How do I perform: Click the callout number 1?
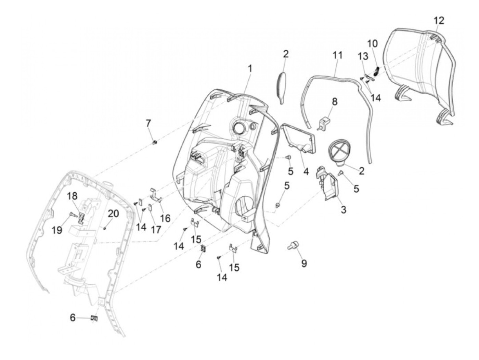coord(250,69)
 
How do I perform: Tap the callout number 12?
coord(439,21)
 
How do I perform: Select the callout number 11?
coord(337,55)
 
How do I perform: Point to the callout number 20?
coord(114,214)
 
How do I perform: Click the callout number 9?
coord(304,263)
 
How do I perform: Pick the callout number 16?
coord(165,218)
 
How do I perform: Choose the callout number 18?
coord(72,196)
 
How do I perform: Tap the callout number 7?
coord(148,123)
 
